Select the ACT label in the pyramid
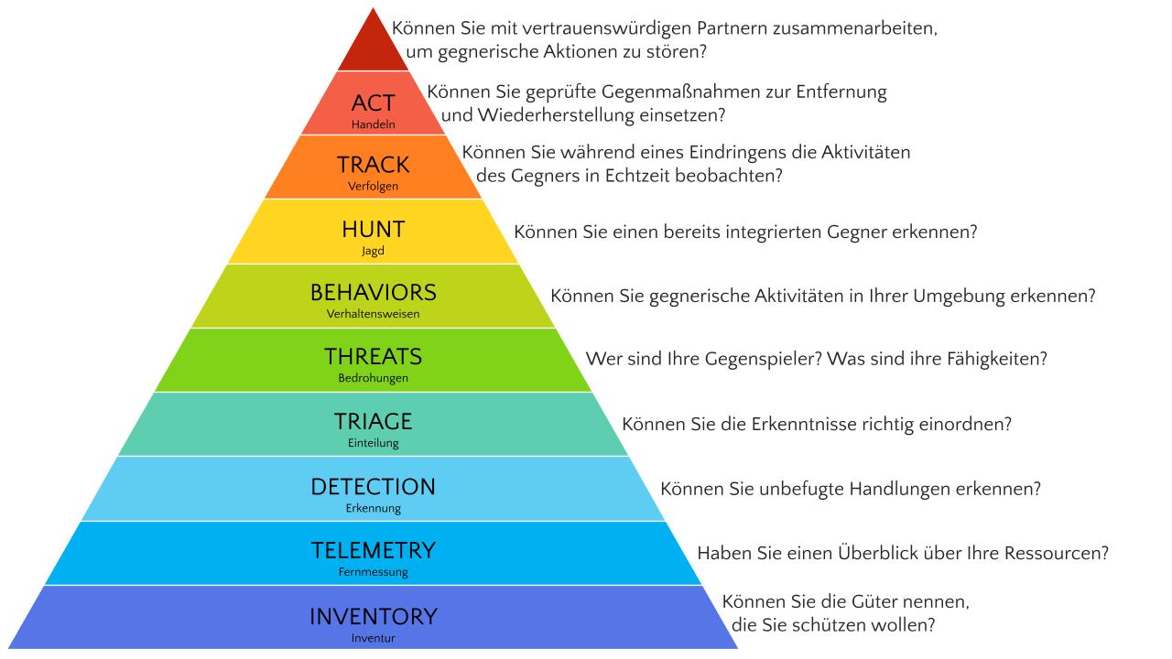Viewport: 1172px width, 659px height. coord(373,103)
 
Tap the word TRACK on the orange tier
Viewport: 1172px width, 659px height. coord(373,166)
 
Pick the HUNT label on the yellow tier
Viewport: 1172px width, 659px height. coord(373,229)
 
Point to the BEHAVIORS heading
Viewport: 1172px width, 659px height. coord(373,293)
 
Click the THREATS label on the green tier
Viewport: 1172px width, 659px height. coord(373,357)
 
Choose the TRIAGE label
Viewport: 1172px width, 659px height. coord(373,422)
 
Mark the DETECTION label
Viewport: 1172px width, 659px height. coord(373,487)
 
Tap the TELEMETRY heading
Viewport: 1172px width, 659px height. coord(373,551)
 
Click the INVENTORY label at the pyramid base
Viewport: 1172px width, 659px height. coord(373,616)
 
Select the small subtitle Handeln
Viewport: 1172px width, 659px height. coord(373,124)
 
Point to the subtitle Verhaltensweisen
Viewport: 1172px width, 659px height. coord(373,314)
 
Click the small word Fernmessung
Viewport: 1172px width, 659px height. coord(373,572)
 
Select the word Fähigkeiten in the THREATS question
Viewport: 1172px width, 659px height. coord(995,359)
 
